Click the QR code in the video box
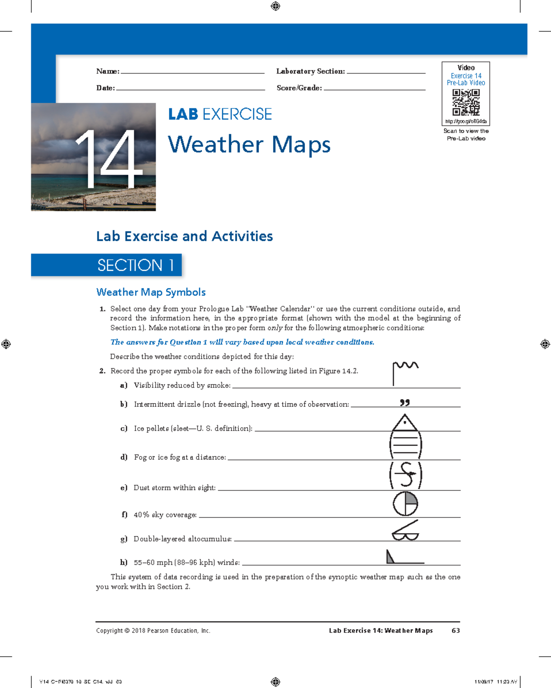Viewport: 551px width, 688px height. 466,102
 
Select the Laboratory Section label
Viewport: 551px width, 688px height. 310,71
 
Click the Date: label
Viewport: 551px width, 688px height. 106,88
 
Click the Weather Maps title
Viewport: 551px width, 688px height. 249,144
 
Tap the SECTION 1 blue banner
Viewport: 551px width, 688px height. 107,265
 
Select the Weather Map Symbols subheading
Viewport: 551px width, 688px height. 151,292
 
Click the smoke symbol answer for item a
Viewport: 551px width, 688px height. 405,372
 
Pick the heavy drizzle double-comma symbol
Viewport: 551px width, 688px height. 405,403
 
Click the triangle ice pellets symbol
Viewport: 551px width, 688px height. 405,423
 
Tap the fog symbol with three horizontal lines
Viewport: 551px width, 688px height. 405,445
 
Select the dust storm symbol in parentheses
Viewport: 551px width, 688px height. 406,474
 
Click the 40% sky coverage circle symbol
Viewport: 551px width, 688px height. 405,504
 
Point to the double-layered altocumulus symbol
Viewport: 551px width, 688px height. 405,531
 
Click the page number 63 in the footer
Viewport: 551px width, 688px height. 455,631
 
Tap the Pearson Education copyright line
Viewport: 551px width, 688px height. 153,631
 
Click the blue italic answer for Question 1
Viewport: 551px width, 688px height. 242,342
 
